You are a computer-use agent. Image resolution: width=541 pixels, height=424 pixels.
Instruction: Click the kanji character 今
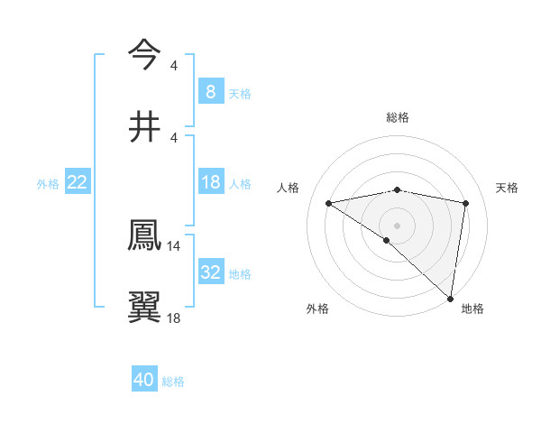pyautogui.click(x=144, y=54)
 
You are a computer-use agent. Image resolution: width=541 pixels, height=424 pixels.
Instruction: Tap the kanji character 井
pyautogui.click(x=144, y=126)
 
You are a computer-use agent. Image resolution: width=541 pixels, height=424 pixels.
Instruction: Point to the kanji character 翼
pyautogui.click(x=144, y=307)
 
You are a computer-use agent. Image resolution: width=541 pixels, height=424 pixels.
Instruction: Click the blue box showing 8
pyautogui.click(x=210, y=92)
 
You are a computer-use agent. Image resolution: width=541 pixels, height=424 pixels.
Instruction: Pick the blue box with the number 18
pyautogui.click(x=210, y=182)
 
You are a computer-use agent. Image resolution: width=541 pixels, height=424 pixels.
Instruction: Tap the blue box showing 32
pyautogui.click(x=210, y=272)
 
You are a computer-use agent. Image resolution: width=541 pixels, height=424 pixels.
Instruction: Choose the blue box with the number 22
pyautogui.click(x=78, y=182)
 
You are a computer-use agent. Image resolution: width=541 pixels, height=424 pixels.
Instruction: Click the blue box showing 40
pyautogui.click(x=144, y=381)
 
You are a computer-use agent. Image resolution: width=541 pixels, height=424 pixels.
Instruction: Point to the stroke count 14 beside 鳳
pyautogui.click(x=174, y=245)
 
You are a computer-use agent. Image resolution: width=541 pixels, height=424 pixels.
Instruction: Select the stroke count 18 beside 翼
pyautogui.click(x=174, y=318)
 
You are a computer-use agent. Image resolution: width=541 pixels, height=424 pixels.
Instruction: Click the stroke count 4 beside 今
pyautogui.click(x=174, y=65)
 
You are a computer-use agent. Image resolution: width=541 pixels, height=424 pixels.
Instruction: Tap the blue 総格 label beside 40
pyautogui.click(x=173, y=382)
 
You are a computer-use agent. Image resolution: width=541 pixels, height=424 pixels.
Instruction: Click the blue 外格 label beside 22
pyautogui.click(x=48, y=183)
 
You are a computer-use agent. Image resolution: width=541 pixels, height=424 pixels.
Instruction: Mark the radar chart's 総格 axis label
pyautogui.click(x=398, y=117)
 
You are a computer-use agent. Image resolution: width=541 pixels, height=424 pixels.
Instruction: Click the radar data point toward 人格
pyautogui.click(x=329, y=203)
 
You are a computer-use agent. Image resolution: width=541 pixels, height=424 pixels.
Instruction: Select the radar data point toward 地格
pyautogui.click(x=451, y=298)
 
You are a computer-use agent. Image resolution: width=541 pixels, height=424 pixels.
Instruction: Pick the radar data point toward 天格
pyautogui.click(x=466, y=203)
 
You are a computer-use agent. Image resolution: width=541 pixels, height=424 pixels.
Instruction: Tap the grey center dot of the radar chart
pyautogui.click(x=398, y=224)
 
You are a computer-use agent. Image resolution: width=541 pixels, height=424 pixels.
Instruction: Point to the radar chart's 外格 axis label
pyautogui.click(x=317, y=309)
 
